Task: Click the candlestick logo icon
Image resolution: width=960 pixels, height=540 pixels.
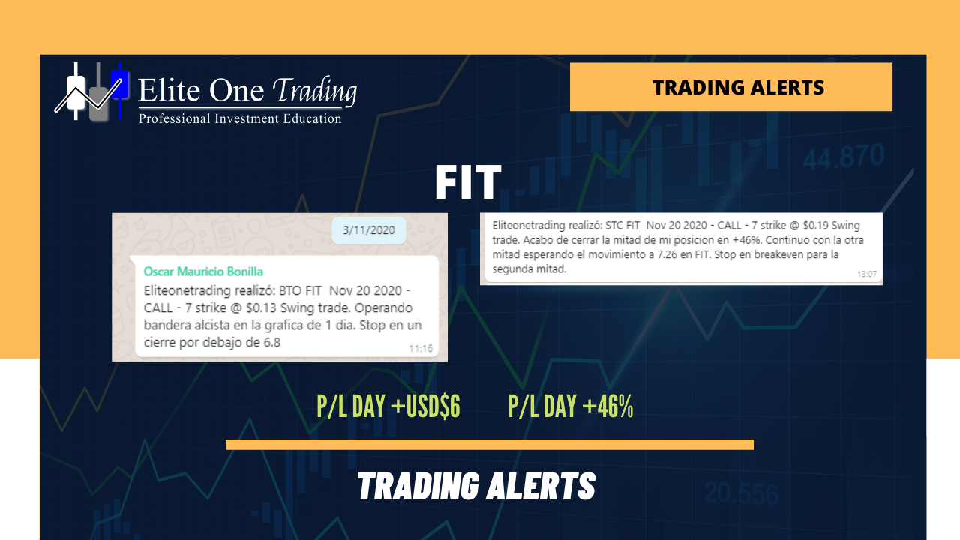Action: pyautogui.click(x=91, y=91)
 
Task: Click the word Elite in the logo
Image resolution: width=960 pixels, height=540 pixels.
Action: pyautogui.click(x=169, y=90)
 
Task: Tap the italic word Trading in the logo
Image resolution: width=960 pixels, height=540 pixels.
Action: pyautogui.click(x=314, y=91)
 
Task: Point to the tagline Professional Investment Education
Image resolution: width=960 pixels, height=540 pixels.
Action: pyautogui.click(x=240, y=118)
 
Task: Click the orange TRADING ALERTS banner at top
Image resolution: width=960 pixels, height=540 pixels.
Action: pyautogui.click(x=731, y=87)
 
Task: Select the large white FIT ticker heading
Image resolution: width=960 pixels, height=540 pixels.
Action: pyautogui.click(x=468, y=182)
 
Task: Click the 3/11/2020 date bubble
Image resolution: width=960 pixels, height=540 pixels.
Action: pyautogui.click(x=368, y=230)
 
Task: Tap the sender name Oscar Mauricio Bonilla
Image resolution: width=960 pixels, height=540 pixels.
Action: pyautogui.click(x=203, y=271)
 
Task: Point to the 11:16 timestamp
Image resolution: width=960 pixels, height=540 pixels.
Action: pyautogui.click(x=421, y=349)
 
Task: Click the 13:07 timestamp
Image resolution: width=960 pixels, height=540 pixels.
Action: pyautogui.click(x=866, y=274)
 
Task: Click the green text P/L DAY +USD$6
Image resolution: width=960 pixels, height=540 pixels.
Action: pyautogui.click(x=388, y=406)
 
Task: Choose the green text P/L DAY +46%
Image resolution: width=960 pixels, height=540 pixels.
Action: pyautogui.click(x=571, y=406)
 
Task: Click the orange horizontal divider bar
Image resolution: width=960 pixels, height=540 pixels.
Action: pyautogui.click(x=490, y=445)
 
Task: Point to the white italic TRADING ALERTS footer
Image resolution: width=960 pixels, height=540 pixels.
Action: pyautogui.click(x=476, y=486)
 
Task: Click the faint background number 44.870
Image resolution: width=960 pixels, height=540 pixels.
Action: pyautogui.click(x=844, y=157)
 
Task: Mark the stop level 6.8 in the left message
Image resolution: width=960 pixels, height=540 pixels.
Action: pyautogui.click(x=271, y=343)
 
